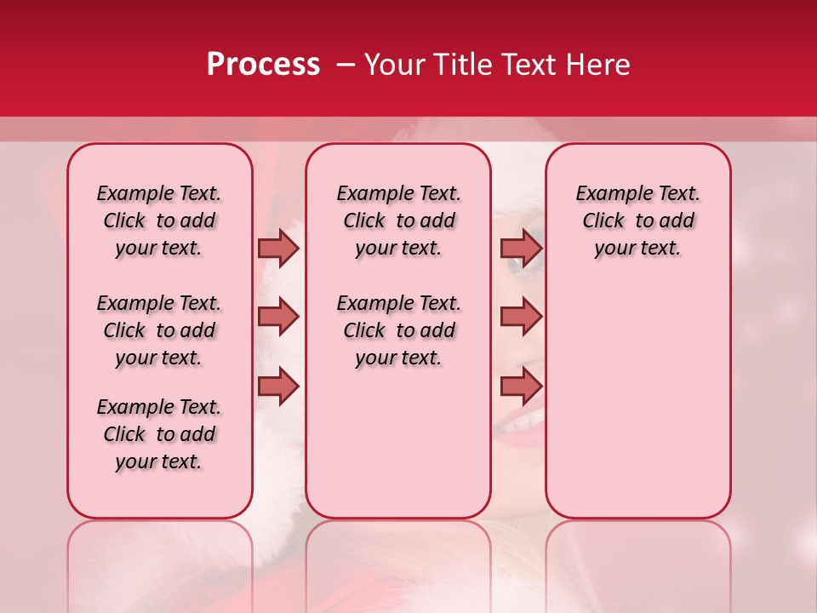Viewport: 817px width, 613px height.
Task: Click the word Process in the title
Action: pyautogui.click(x=263, y=65)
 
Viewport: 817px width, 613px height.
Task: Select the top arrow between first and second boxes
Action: pyautogui.click(x=278, y=248)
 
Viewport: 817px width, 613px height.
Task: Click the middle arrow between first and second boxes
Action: pyautogui.click(x=278, y=317)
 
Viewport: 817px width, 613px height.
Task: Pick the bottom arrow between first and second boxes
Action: pyautogui.click(x=278, y=387)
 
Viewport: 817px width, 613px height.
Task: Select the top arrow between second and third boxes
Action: pyautogui.click(x=521, y=248)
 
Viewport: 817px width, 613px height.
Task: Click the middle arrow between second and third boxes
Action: pyautogui.click(x=521, y=317)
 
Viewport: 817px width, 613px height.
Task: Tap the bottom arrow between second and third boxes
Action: pyautogui.click(x=521, y=387)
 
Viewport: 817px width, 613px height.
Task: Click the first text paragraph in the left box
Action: pyautogui.click(x=159, y=221)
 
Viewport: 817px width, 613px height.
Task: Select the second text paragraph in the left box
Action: pyautogui.click(x=159, y=330)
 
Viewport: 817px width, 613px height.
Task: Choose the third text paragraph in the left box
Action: pyautogui.click(x=159, y=434)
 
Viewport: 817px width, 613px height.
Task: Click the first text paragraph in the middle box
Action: pyautogui.click(x=398, y=221)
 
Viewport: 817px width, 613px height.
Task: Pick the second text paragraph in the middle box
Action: pyautogui.click(x=398, y=330)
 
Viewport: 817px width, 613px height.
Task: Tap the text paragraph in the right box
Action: pyautogui.click(x=637, y=221)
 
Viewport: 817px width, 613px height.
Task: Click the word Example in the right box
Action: pyautogui.click(x=608, y=193)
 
